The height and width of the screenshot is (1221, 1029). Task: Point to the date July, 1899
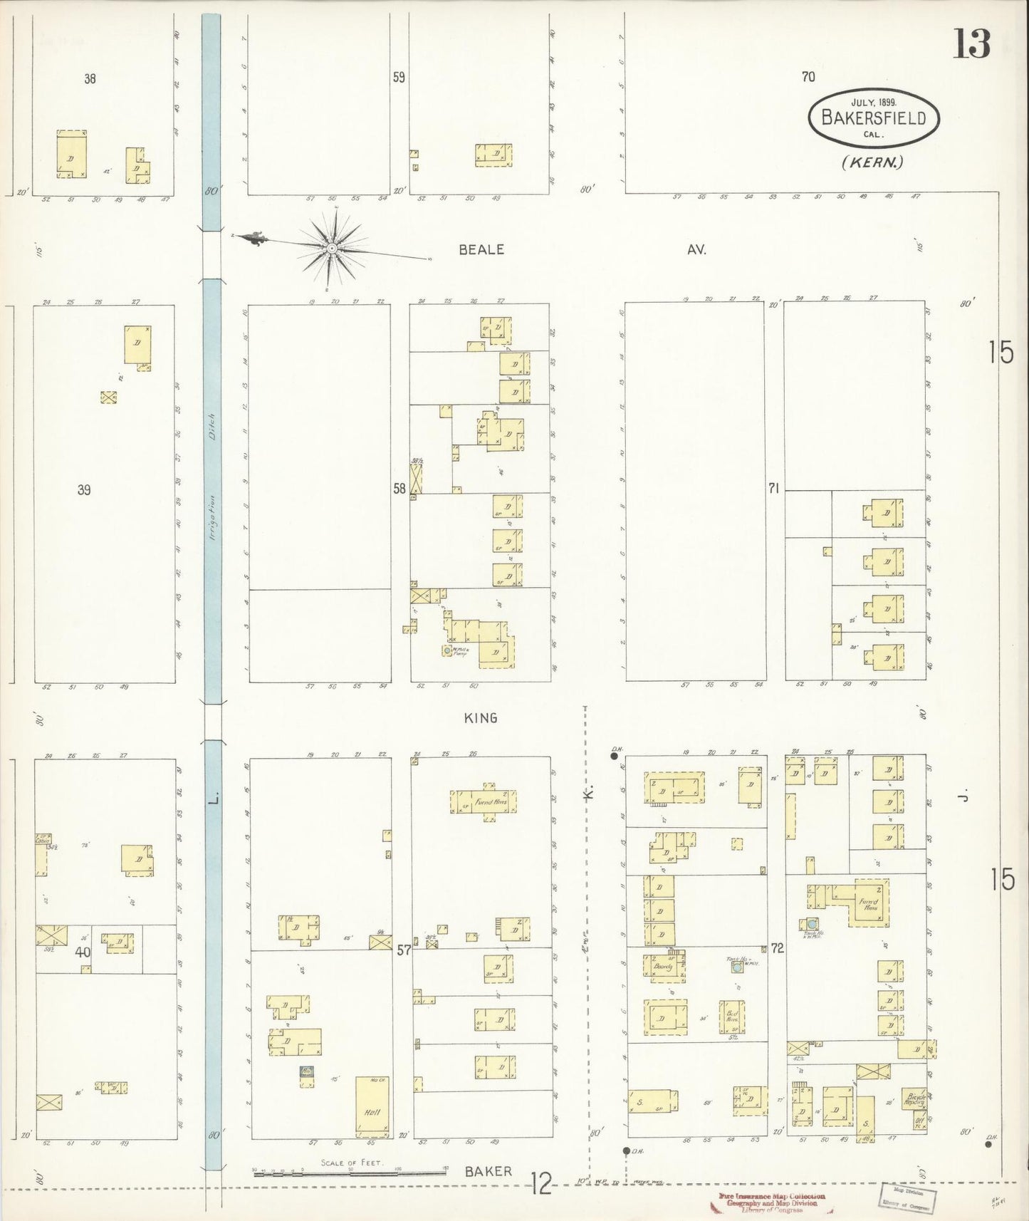[x=873, y=102]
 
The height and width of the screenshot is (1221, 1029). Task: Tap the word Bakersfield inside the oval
[x=874, y=118]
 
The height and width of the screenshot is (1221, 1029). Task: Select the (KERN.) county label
[x=872, y=162]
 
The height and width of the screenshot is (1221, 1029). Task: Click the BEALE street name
[x=481, y=249]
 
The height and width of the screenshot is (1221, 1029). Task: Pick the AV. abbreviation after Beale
[x=696, y=249]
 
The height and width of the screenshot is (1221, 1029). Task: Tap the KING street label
[x=481, y=718]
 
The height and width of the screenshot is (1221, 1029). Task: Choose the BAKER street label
[x=489, y=1171]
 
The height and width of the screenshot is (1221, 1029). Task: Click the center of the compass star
[x=332, y=248]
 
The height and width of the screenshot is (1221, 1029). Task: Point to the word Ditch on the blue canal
[x=212, y=427]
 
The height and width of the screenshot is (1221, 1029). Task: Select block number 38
[x=90, y=79]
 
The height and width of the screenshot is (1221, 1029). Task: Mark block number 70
[x=808, y=76]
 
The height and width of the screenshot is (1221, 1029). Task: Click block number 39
[x=84, y=490]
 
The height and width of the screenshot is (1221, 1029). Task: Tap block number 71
[x=774, y=488]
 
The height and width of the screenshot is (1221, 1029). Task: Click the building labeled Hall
[x=372, y=1114]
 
